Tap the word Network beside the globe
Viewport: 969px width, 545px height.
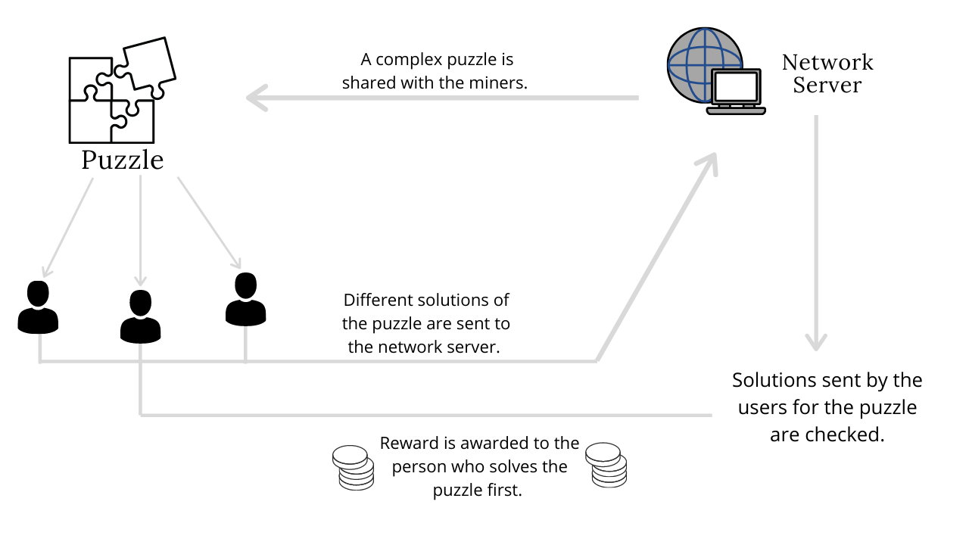(827, 63)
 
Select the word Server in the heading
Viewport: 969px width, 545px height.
(827, 85)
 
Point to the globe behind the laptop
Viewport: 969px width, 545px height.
(692, 61)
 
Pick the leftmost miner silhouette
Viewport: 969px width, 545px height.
(38, 307)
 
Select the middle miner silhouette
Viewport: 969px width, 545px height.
(140, 316)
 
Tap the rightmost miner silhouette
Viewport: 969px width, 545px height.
(246, 299)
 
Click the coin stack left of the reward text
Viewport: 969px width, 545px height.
(353, 468)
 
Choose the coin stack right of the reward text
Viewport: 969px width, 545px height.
(606, 465)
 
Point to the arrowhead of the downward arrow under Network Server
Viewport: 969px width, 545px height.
(816, 343)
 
